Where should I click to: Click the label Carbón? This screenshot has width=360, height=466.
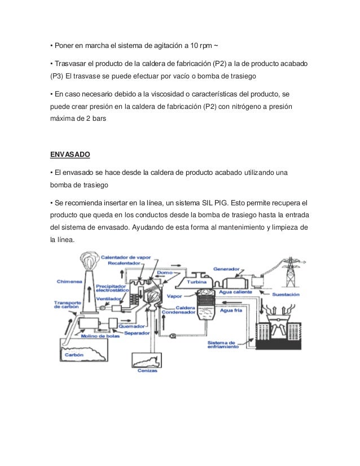(x=76, y=355)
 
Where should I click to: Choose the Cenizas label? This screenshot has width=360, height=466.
(x=147, y=371)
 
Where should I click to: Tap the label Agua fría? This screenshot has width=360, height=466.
(x=231, y=310)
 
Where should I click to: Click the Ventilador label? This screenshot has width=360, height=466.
(x=122, y=300)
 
